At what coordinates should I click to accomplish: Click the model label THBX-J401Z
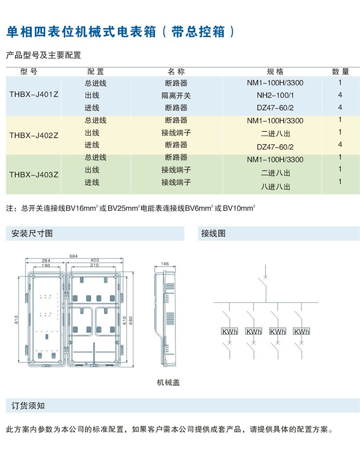click(33, 95)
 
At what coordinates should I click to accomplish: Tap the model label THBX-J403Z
click(33, 174)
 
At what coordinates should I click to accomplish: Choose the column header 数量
click(340, 71)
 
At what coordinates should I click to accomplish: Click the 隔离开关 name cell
click(176, 96)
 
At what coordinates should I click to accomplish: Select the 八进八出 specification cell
click(275, 187)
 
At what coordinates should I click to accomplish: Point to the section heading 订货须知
click(28, 406)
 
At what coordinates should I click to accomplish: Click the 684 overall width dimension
click(74, 256)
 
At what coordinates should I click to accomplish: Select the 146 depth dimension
click(165, 264)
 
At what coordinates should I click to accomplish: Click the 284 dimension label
click(46, 261)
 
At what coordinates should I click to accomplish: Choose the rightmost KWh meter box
click(301, 332)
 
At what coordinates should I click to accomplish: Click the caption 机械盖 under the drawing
click(168, 383)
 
